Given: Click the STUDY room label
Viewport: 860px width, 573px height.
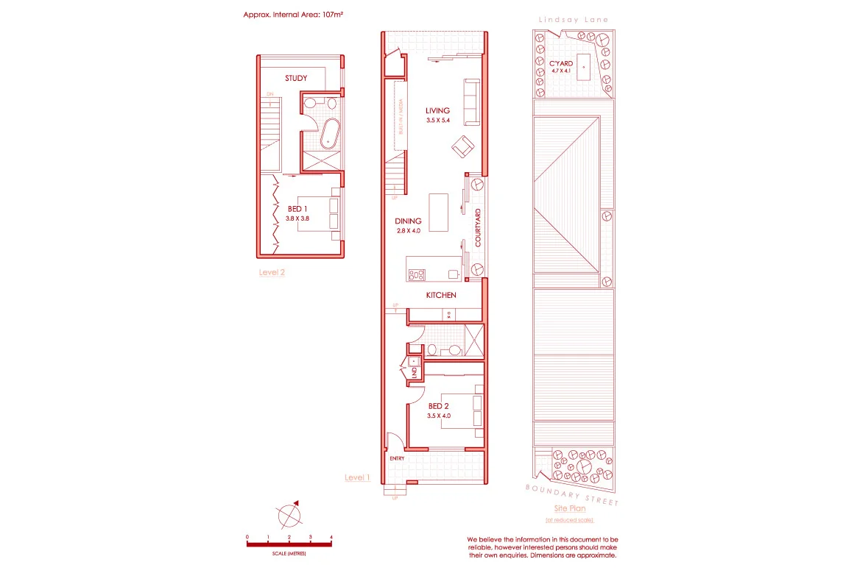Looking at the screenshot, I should pos(296,78).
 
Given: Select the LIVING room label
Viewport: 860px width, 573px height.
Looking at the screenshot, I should pos(437,111).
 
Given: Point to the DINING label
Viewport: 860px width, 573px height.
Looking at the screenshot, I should pos(407,221).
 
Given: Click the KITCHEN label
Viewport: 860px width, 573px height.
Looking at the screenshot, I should pos(441,295).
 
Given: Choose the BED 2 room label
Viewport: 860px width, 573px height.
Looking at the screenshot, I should pos(439,406).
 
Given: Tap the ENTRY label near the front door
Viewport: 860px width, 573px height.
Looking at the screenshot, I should pos(397,459).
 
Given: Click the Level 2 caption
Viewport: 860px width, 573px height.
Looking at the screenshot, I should pos(272,272).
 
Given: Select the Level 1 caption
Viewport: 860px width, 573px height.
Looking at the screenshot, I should pos(357,477).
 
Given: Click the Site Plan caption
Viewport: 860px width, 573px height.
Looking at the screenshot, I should pos(569,509).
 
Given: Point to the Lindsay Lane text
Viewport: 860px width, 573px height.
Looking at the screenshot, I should pos(573,20).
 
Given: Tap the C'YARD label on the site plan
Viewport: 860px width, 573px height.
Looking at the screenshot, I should pos(561,64).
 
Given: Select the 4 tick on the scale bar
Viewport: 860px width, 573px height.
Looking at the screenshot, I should pos(332,538).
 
